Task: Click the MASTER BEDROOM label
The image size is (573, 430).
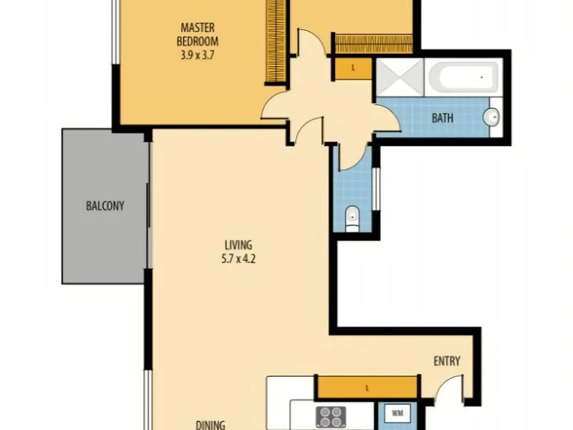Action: [198, 34]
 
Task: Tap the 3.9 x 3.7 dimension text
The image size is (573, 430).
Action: [197, 55]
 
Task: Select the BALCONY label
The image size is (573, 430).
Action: [105, 206]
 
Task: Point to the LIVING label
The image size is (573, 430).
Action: [239, 244]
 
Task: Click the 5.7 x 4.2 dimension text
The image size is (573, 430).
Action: [239, 259]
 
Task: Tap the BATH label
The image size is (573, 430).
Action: [443, 118]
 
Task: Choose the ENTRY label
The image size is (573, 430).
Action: [446, 361]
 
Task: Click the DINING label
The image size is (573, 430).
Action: [211, 425]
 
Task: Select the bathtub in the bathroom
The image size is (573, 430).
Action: [463, 77]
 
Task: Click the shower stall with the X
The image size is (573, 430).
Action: [400, 77]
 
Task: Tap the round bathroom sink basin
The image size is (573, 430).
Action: [491, 117]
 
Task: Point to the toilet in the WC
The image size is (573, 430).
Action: [352, 219]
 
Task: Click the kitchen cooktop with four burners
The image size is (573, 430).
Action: [331, 417]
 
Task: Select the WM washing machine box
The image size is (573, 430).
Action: [398, 414]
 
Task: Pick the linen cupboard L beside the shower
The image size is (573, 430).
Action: [353, 68]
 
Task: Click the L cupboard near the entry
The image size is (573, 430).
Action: [367, 387]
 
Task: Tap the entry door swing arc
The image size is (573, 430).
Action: [446, 384]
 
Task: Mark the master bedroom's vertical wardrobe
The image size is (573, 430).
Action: [276, 41]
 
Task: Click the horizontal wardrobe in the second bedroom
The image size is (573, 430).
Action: [373, 44]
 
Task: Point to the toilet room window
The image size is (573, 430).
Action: [375, 189]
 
